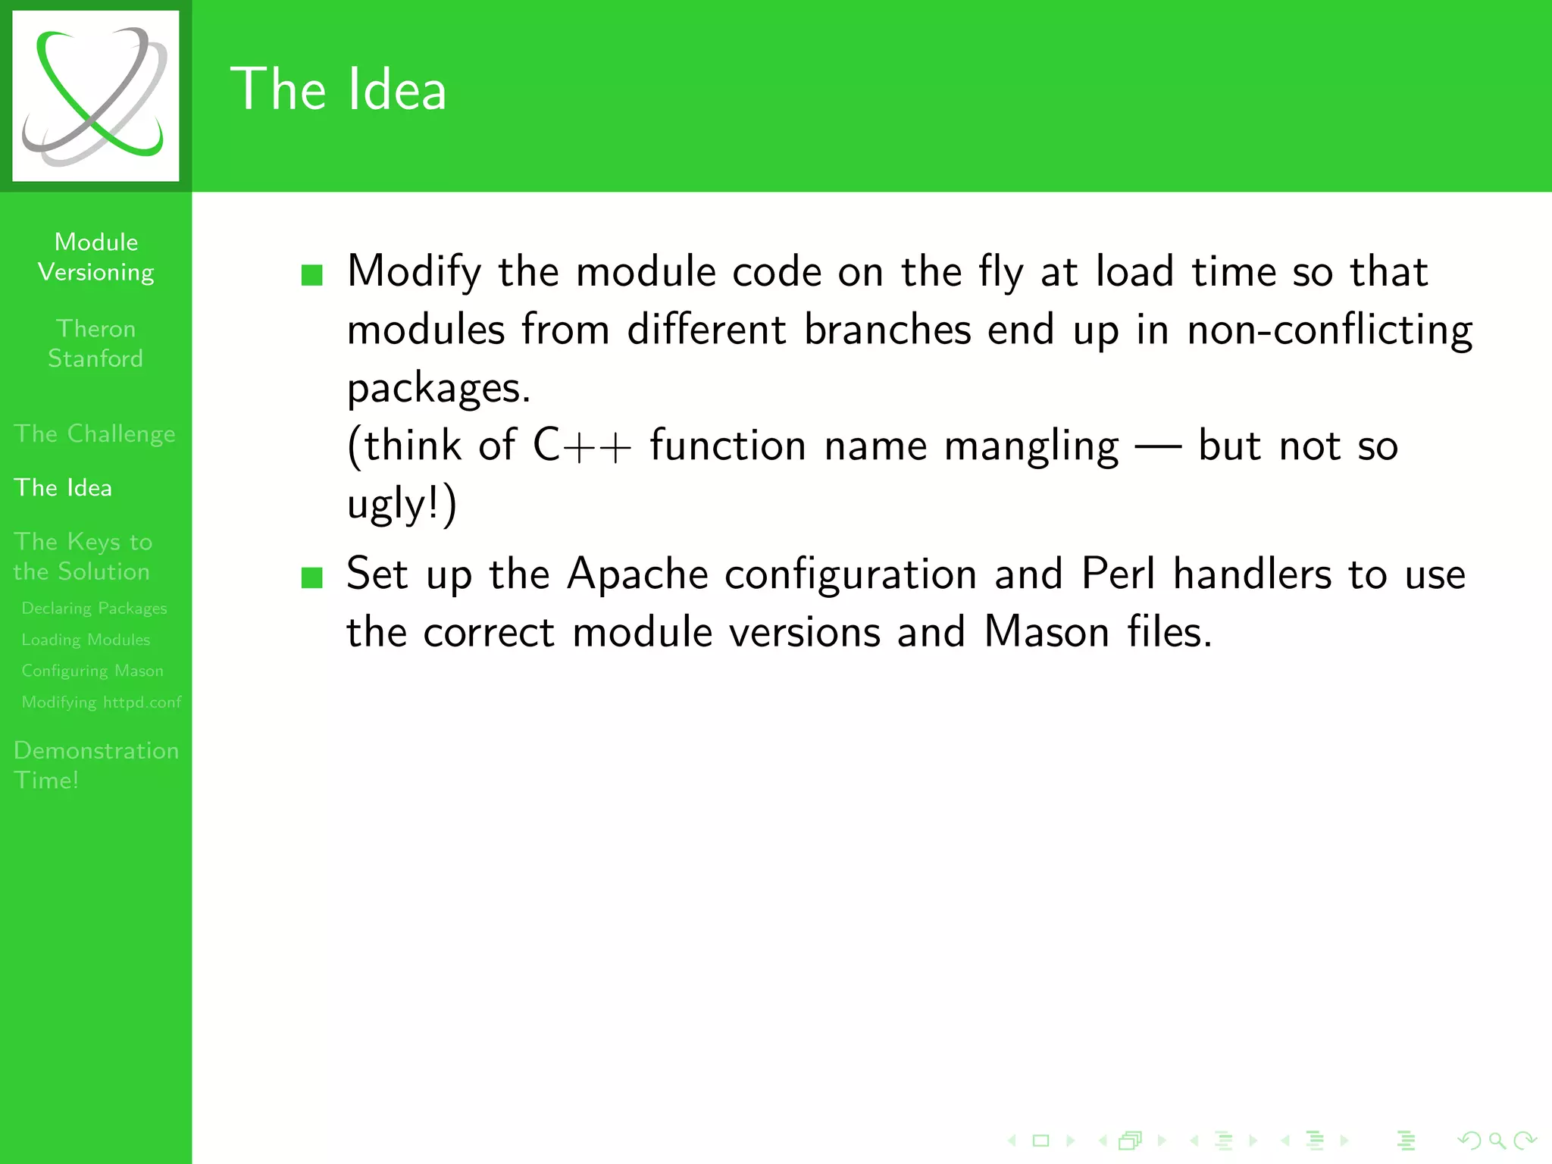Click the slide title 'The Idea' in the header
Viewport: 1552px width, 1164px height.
pyautogui.click(x=338, y=89)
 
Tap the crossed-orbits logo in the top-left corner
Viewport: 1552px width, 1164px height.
pyautogui.click(x=95, y=96)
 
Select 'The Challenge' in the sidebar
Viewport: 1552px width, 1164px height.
pyautogui.click(x=95, y=433)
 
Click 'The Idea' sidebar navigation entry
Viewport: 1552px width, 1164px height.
pyautogui.click(x=63, y=487)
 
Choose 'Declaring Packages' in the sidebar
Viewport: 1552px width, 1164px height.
pyautogui.click(x=94, y=608)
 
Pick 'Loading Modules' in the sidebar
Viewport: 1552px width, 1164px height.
pyautogui.click(x=86, y=640)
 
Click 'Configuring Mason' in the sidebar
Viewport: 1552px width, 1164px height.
pyautogui.click(x=92, y=671)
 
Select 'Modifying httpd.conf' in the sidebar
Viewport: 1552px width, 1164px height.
pyautogui.click(x=102, y=702)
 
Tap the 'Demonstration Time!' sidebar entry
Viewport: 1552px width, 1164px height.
pyautogui.click(x=96, y=765)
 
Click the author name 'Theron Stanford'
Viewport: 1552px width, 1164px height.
pyautogui.click(x=95, y=343)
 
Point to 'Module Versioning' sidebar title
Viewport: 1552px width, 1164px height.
pyautogui.click(x=96, y=257)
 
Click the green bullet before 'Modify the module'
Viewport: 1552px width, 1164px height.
pyautogui.click(x=312, y=274)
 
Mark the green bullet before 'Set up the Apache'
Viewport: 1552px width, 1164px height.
pyautogui.click(x=312, y=577)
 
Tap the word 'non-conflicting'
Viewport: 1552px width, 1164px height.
pyautogui.click(x=1329, y=330)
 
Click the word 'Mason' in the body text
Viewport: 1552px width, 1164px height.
pyautogui.click(x=1047, y=631)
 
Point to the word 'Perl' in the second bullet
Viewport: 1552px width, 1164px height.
pyautogui.click(x=1118, y=574)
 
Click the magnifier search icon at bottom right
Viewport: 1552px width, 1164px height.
pyautogui.click(x=1497, y=1140)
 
